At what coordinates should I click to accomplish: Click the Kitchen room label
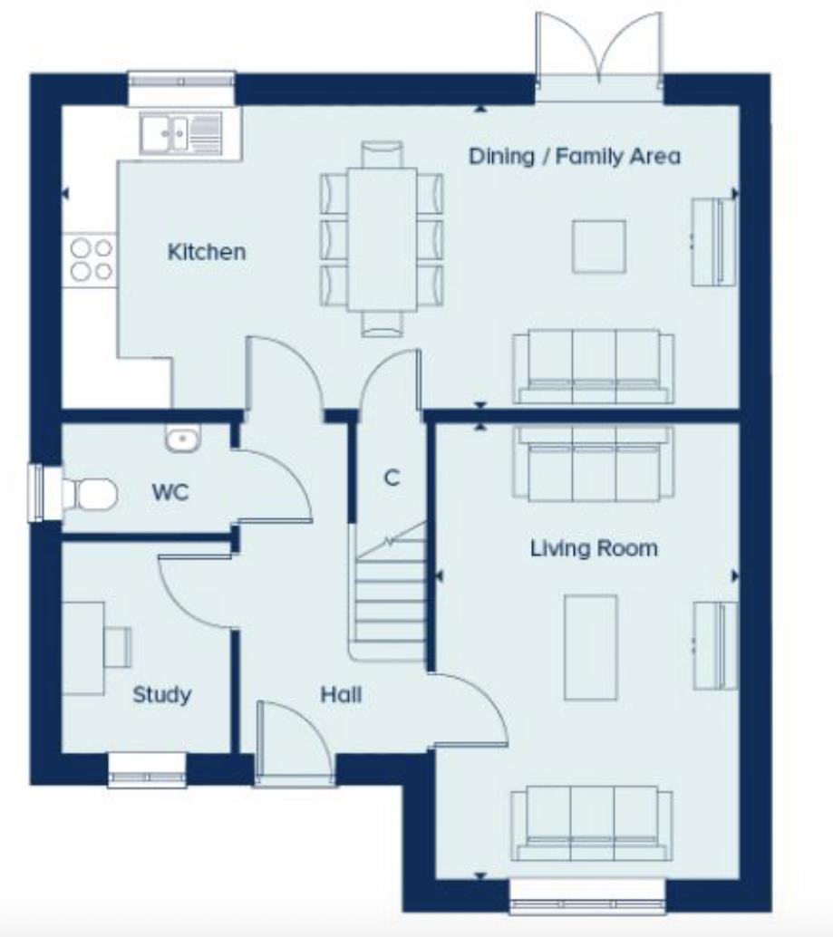click(206, 251)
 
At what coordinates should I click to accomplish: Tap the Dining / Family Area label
click(574, 156)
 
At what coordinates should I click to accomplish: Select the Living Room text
click(594, 548)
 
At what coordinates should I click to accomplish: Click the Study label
click(162, 695)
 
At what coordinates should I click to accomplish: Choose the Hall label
click(341, 695)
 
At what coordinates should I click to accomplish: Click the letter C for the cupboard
click(392, 478)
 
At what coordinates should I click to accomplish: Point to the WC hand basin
click(182, 439)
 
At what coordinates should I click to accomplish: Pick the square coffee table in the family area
click(598, 246)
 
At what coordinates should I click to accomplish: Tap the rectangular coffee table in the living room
click(590, 647)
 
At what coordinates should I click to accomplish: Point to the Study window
click(147, 770)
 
